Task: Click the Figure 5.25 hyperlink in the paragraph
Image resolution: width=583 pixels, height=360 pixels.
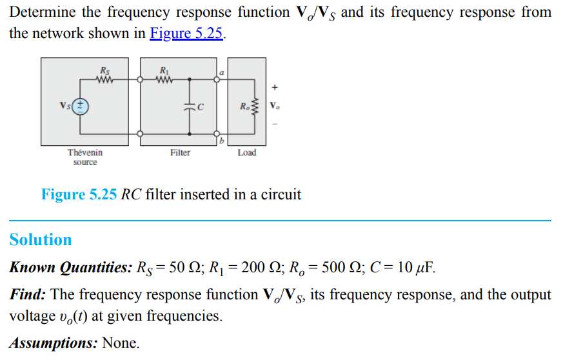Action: pyautogui.click(x=186, y=34)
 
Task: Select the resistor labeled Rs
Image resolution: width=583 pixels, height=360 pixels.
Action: pyautogui.click(x=104, y=80)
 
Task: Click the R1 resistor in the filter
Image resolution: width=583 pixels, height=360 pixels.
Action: pyautogui.click(x=165, y=80)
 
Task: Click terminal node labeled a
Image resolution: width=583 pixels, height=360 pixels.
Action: pyautogui.click(x=217, y=80)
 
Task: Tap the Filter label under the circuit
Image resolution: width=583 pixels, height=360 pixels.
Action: pyautogui.click(x=180, y=153)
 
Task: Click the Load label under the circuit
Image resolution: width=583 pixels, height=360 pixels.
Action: pyautogui.click(x=246, y=153)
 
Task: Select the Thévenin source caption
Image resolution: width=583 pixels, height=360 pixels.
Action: pyautogui.click(x=84, y=157)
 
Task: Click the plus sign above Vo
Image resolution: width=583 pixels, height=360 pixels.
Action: pyautogui.click(x=275, y=86)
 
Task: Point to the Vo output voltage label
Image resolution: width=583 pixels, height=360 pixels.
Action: pyautogui.click(x=275, y=106)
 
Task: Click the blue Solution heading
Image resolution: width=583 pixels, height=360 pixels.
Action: pyautogui.click(x=41, y=240)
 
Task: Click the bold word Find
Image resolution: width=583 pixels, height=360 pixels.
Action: pyautogui.click(x=26, y=295)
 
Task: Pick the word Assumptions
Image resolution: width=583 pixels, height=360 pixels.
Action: pyautogui.click(x=53, y=343)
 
